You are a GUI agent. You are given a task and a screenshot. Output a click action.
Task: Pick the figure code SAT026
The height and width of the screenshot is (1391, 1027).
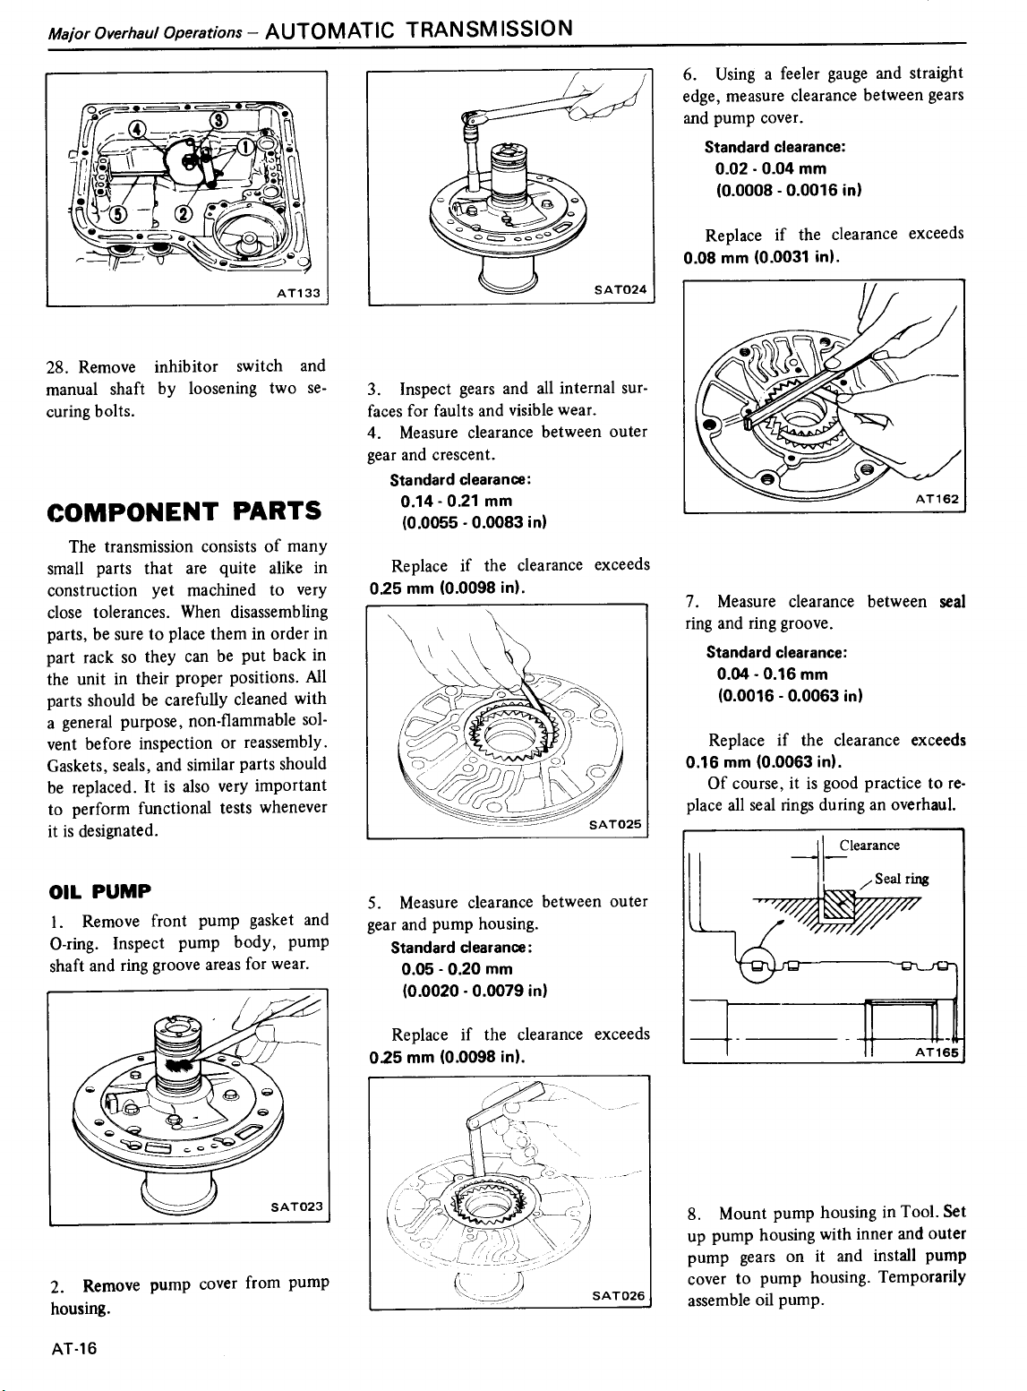click(617, 1295)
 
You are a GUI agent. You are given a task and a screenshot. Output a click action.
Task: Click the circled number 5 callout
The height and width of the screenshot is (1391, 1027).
click(118, 212)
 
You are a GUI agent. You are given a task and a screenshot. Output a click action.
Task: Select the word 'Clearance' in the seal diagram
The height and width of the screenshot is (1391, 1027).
click(869, 846)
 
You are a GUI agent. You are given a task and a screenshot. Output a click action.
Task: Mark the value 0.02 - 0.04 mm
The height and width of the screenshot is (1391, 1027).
click(769, 168)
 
